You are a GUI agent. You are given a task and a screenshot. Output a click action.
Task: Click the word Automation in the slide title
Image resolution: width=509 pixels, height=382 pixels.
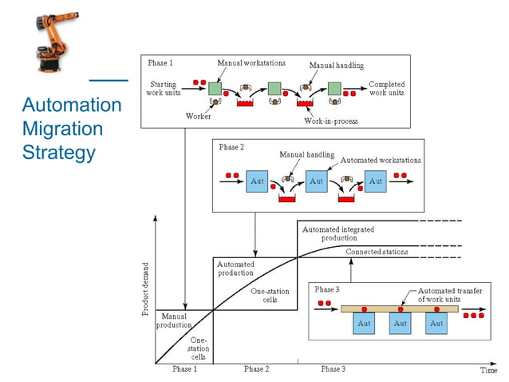72,105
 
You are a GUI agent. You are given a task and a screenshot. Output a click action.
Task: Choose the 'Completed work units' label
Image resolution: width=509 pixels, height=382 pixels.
386,89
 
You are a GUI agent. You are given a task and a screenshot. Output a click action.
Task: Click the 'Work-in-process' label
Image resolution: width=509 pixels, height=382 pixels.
330,121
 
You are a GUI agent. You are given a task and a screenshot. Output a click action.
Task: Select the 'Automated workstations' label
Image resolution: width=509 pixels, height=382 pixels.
381,161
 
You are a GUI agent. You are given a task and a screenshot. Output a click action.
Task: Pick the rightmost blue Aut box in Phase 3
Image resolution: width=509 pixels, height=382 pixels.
436,324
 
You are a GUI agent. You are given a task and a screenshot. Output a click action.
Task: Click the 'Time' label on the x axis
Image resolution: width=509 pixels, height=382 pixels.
487,370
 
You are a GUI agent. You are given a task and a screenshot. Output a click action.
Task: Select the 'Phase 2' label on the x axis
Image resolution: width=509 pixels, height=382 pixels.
256,369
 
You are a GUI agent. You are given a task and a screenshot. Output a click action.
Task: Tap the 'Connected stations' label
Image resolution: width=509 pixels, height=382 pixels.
377,252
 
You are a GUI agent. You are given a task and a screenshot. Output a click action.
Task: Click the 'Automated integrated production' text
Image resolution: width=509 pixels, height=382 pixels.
338,233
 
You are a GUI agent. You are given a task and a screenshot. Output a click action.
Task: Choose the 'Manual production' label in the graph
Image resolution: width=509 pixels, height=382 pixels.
174,320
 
